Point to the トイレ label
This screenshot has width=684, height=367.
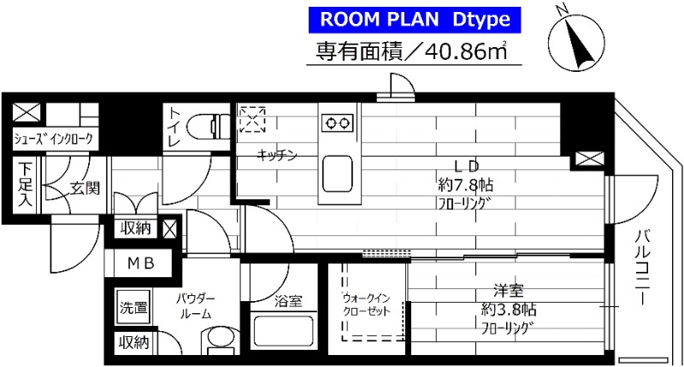[174, 127]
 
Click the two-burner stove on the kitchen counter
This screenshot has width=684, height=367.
[337, 122]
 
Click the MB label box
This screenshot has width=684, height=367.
[141, 263]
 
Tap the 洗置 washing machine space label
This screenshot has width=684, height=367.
[133, 306]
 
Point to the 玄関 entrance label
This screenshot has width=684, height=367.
[85, 187]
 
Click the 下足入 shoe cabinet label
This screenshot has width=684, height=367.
[26, 186]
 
